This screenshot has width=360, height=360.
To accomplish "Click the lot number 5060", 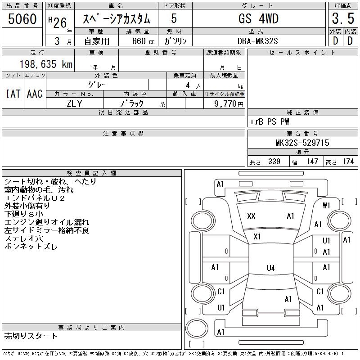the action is [x=22, y=19].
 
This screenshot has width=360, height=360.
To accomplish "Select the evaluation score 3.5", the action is [x=342, y=19].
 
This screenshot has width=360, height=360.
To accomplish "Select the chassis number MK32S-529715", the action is [x=302, y=143].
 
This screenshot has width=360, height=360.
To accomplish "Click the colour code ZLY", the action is [x=74, y=103].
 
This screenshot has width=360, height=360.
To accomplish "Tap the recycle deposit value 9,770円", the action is [x=229, y=103].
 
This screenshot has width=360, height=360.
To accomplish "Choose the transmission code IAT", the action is [x=13, y=94].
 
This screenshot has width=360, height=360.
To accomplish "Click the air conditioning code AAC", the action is [x=35, y=94].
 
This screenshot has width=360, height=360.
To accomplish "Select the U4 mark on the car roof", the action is [x=270, y=268].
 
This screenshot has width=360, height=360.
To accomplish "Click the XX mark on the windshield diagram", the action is [x=251, y=216].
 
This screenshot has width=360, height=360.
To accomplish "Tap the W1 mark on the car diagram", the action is [x=326, y=206].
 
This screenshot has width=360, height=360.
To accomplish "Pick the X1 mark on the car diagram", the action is [x=257, y=237].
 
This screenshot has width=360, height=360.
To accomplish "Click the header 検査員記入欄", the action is [x=92, y=173].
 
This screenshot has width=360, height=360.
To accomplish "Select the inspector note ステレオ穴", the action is [x=24, y=238].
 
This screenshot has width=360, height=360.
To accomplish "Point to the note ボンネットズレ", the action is [x=31, y=246].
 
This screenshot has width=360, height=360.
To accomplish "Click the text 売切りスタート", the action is [x=31, y=336].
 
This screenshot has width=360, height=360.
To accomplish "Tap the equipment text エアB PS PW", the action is [x=270, y=121].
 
